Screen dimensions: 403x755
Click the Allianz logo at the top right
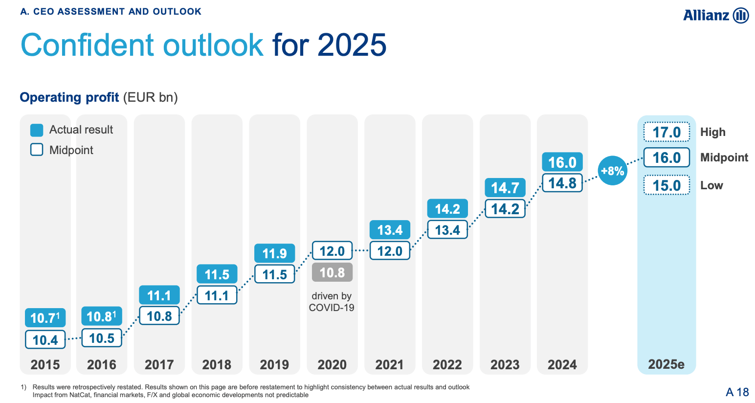[x=715, y=15]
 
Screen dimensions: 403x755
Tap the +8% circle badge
[x=612, y=171]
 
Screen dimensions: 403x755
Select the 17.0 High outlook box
[x=666, y=132]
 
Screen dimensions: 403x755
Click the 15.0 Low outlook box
[x=666, y=185]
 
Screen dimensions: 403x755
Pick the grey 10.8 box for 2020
[x=332, y=272]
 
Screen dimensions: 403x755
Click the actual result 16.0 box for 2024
[x=562, y=162]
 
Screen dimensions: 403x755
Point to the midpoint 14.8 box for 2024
[x=562, y=183]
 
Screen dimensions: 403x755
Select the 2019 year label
[x=274, y=364]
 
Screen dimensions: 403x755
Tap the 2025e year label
[x=666, y=364]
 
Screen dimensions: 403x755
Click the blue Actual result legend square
[x=37, y=130]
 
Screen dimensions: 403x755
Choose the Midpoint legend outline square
[x=37, y=150]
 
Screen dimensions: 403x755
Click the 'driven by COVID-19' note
[x=332, y=302]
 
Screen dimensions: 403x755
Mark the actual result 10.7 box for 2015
[x=45, y=318]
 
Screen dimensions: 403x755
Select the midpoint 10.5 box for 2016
[x=102, y=338]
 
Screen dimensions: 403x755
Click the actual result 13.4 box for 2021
[x=390, y=230]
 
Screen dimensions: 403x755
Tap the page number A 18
[x=737, y=392]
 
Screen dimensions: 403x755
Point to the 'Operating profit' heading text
[x=69, y=97]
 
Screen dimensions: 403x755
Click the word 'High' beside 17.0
[x=712, y=132]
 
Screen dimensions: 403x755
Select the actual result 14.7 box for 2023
[x=505, y=188]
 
